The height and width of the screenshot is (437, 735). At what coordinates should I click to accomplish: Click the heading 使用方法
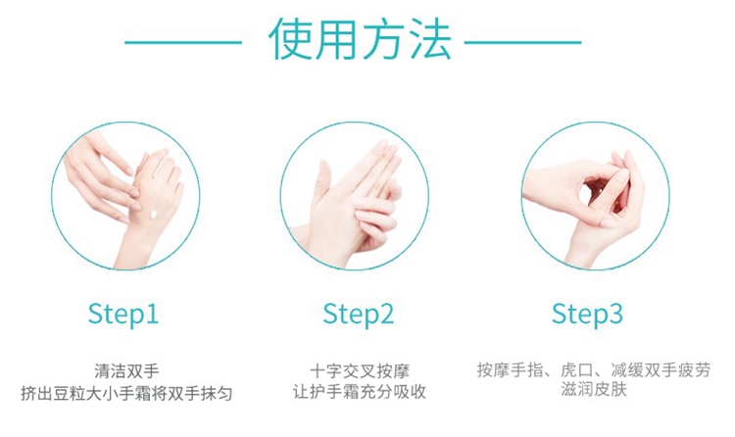click(360, 39)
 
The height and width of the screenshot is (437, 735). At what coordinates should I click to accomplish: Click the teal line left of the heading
click(183, 43)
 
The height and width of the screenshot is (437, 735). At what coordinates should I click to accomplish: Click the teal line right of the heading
click(522, 43)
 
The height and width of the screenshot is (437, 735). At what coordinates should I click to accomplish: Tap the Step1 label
click(123, 315)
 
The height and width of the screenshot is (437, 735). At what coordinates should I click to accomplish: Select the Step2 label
click(358, 315)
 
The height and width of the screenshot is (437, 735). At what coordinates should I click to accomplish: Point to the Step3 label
click(587, 315)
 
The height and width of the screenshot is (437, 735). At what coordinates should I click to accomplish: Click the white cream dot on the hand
click(153, 215)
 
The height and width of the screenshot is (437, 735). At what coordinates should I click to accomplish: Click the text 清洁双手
click(126, 371)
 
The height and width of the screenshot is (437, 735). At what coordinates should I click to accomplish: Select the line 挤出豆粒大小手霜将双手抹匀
click(126, 393)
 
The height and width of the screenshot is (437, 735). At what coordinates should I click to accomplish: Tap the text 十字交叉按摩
click(360, 371)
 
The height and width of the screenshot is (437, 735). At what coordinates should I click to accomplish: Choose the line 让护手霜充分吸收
click(360, 392)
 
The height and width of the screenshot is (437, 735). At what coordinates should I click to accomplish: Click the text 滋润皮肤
click(594, 389)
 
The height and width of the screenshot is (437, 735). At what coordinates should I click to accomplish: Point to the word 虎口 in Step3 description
click(577, 370)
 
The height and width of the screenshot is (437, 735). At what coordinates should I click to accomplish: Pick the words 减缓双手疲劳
click(661, 370)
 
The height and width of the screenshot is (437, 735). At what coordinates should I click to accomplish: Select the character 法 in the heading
click(431, 39)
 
